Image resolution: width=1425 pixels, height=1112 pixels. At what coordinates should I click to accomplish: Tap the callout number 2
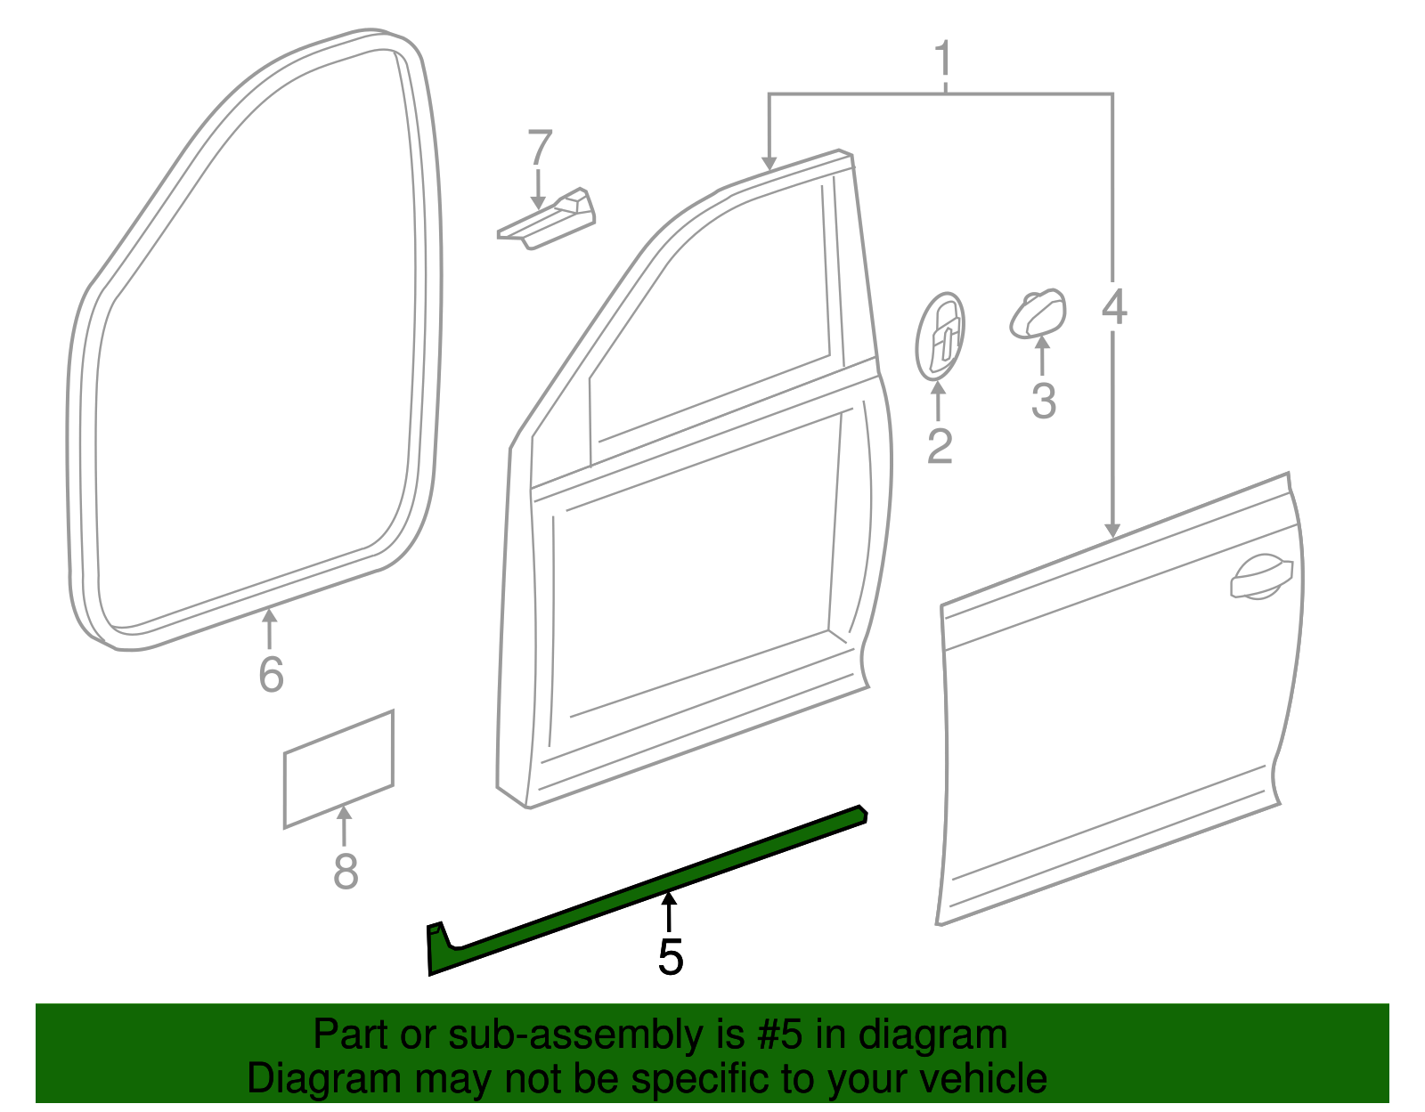[939, 447]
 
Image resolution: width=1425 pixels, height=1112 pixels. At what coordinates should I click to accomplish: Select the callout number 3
[1044, 401]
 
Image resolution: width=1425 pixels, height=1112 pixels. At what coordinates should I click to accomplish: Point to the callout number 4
[1114, 306]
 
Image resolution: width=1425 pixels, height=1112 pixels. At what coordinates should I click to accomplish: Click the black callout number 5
[671, 957]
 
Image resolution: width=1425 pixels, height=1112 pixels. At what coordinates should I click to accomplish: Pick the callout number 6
[271, 674]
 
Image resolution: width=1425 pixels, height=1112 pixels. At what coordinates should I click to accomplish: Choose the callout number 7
[540, 148]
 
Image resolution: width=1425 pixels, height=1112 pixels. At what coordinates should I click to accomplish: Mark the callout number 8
[346, 871]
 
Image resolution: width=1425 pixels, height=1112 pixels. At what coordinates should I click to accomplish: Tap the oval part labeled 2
[940, 337]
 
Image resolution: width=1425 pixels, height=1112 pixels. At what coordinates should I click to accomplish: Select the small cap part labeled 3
[1038, 313]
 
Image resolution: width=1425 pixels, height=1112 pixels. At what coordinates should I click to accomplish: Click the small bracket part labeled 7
[546, 219]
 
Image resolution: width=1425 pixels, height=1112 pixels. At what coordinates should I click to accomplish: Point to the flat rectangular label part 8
[338, 768]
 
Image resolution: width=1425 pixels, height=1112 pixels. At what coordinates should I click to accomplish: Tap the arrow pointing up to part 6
[269, 629]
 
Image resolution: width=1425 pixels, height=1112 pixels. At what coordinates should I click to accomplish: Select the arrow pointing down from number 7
[539, 190]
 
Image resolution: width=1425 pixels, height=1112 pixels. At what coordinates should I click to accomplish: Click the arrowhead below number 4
[1112, 531]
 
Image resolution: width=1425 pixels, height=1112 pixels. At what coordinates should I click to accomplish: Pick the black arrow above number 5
[668, 912]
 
